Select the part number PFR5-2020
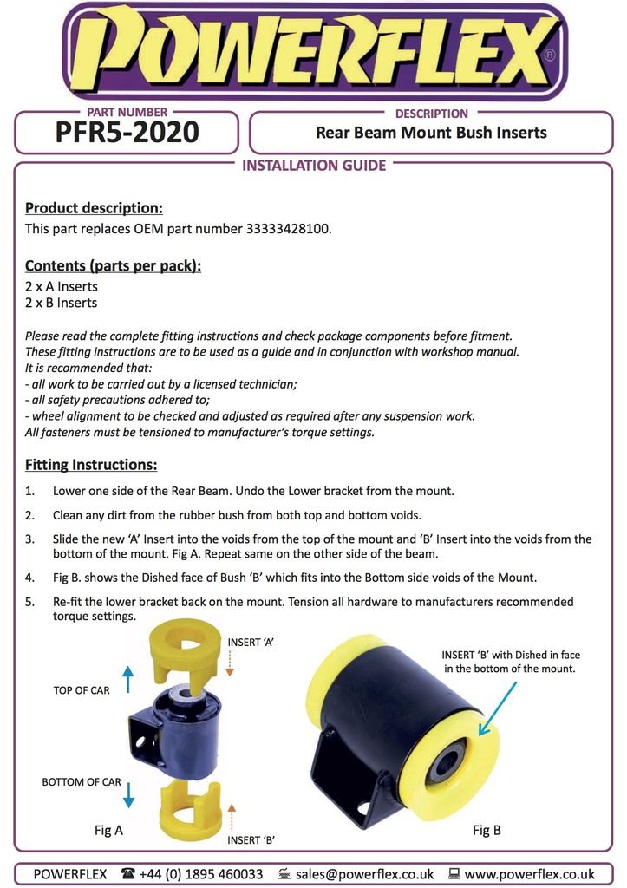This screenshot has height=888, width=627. pos(127,133)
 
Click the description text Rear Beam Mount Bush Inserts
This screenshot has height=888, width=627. pos(431,133)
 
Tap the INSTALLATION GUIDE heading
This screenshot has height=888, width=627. pos(313,166)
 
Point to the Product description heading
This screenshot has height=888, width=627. pos(94,208)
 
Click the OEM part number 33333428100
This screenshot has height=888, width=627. pos(289,229)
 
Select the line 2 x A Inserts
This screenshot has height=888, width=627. pos(62,286)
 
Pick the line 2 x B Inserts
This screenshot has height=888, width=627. pos(62,303)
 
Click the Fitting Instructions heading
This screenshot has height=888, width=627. pos(91,464)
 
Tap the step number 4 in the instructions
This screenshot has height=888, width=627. pos(29,578)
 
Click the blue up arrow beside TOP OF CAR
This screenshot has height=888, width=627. pos(128,678)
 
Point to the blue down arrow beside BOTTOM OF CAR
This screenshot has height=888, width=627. pos(128,794)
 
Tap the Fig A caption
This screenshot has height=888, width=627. pos(108,830)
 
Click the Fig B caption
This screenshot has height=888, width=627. pos(487,830)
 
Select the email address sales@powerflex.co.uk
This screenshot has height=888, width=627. pos(364,874)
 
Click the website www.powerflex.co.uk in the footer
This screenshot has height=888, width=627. pos(529,874)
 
